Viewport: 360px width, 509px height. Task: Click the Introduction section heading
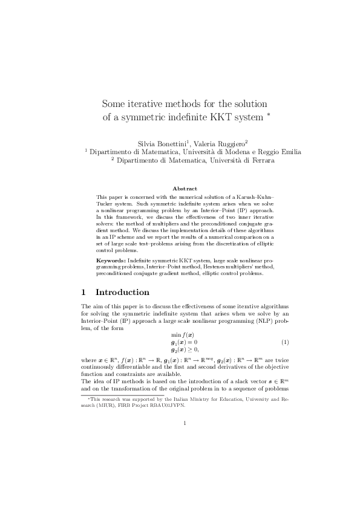(123, 292)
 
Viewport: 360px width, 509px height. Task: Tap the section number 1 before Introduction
(84, 292)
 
